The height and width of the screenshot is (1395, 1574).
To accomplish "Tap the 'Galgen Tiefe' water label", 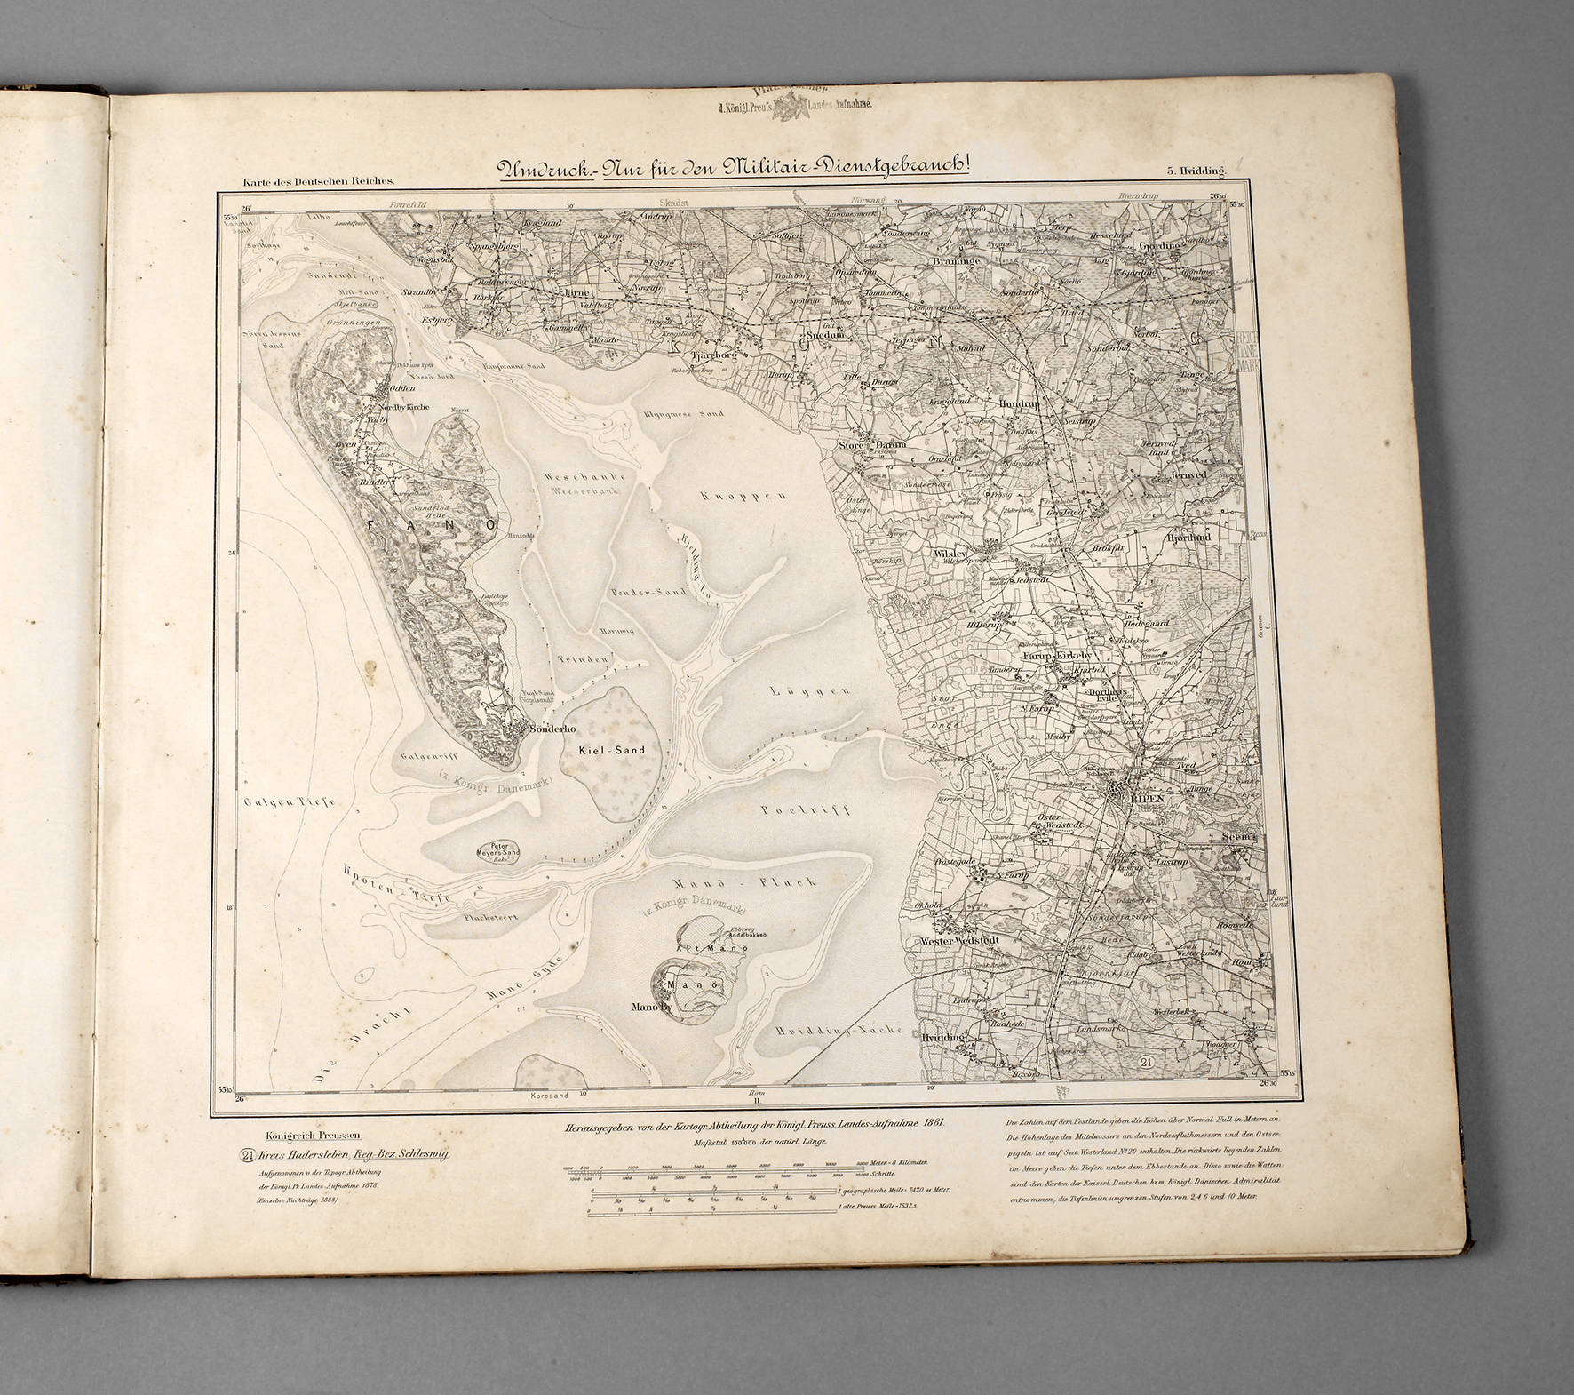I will point(290,802).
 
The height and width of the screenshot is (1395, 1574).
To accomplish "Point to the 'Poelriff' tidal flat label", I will point(807,810).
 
